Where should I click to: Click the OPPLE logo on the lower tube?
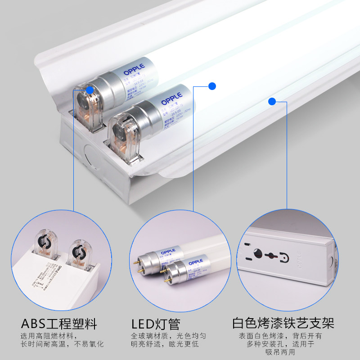pyautogui.click(x=171, y=96)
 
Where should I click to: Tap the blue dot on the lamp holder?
pyautogui.click(x=90, y=90)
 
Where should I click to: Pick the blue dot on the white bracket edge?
pyautogui.click(x=272, y=101)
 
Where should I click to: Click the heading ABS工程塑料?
pyautogui.click(x=58, y=324)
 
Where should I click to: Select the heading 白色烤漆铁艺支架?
pyautogui.click(x=283, y=324)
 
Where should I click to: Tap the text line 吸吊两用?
pyautogui.click(x=283, y=353)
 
